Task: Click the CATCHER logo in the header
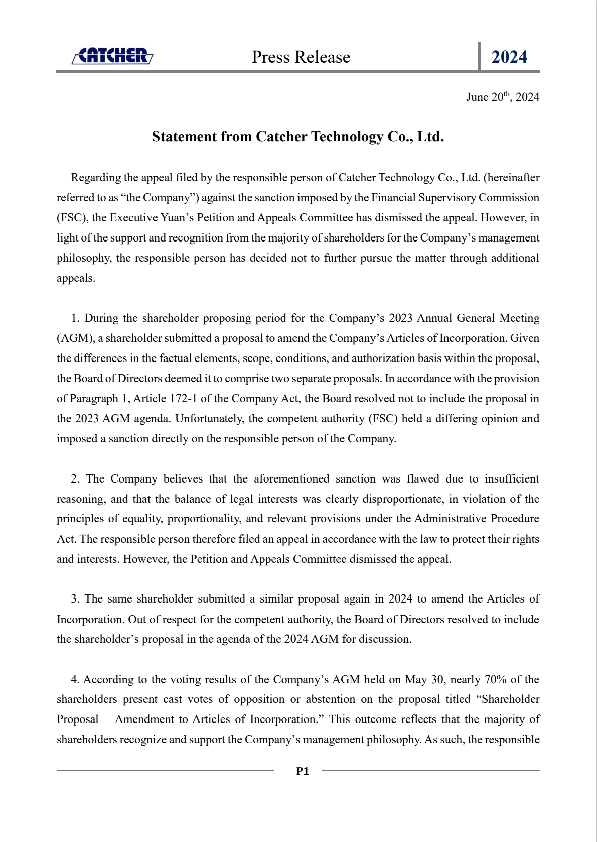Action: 112,56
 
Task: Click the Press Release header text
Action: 301,57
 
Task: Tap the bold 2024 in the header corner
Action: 509,57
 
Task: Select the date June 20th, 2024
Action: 502,97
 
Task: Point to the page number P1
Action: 303,771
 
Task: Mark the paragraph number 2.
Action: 76,479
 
